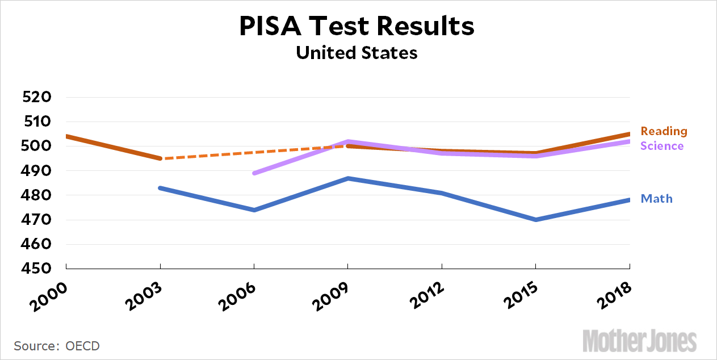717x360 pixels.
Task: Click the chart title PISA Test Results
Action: (x=357, y=27)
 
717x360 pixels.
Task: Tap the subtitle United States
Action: (x=357, y=53)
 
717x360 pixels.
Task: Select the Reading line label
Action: (x=664, y=131)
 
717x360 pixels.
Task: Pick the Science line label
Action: (x=662, y=146)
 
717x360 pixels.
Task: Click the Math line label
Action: (x=656, y=199)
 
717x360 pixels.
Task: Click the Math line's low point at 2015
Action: (x=535, y=220)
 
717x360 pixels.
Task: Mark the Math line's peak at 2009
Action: (x=347, y=178)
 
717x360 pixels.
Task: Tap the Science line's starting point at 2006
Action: (x=254, y=173)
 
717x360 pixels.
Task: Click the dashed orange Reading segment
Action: (x=254, y=152)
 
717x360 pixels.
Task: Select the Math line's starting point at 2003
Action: (x=161, y=188)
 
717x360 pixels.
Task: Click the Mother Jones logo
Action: (x=640, y=340)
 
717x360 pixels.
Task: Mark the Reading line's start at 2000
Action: (x=67, y=136)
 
